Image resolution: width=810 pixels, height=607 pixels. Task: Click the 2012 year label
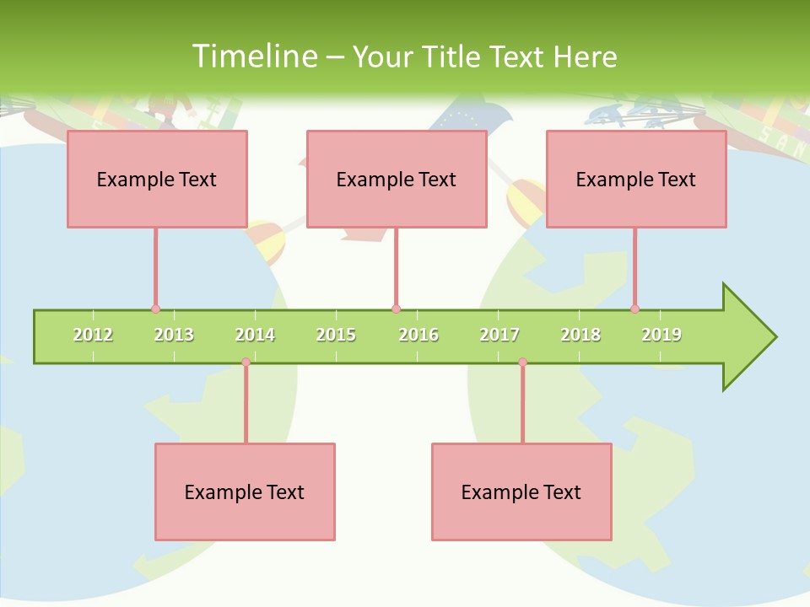(x=93, y=335)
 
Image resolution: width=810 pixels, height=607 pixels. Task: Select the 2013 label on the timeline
(x=174, y=335)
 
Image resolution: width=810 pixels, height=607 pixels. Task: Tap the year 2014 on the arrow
(x=255, y=335)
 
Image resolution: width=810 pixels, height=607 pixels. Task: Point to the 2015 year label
(x=336, y=335)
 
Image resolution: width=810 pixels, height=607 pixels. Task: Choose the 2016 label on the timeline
(x=418, y=335)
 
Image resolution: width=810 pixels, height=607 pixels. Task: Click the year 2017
(x=499, y=335)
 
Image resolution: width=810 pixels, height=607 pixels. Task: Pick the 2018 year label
(x=580, y=335)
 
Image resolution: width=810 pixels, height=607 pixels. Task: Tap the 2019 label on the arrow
(x=661, y=335)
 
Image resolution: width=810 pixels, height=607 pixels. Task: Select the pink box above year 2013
(x=157, y=179)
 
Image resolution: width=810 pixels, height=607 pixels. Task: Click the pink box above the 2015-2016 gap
(x=397, y=179)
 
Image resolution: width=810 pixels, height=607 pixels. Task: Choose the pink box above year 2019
(x=636, y=179)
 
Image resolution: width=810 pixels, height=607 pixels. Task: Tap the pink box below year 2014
(x=245, y=492)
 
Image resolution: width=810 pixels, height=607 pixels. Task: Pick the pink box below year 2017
(x=521, y=492)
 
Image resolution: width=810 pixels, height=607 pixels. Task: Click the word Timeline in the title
(x=253, y=56)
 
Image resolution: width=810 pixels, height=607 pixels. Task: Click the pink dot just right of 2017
(x=522, y=363)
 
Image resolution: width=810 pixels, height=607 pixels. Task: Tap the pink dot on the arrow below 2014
(x=246, y=363)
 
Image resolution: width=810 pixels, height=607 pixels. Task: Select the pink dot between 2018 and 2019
(x=634, y=309)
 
